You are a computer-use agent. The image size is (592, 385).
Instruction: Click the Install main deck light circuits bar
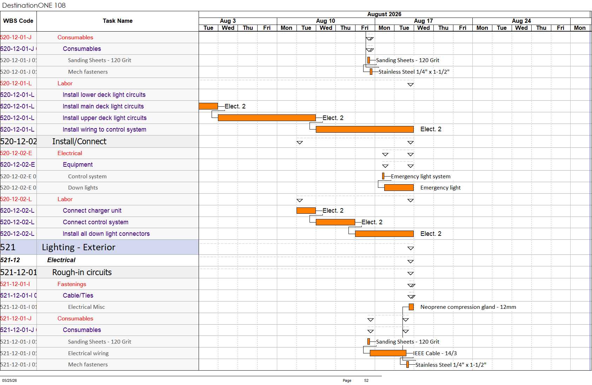pyautogui.click(x=208, y=106)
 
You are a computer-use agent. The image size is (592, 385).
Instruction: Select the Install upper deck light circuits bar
pyautogui.click(x=267, y=118)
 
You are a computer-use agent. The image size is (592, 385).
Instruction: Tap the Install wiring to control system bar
pyautogui.click(x=365, y=129)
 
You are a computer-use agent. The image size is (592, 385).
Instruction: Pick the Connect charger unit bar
pyautogui.click(x=306, y=211)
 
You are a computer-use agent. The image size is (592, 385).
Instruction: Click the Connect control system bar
pyautogui.click(x=335, y=222)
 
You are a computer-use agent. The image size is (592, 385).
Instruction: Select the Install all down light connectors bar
pyautogui.click(x=384, y=234)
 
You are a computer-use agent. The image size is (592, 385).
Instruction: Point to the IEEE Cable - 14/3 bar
pyautogui.click(x=388, y=353)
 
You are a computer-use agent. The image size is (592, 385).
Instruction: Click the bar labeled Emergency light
pyautogui.click(x=399, y=188)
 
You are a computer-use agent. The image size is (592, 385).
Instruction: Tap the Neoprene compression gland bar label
pyautogui.click(x=468, y=307)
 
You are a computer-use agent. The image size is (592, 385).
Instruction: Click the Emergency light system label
pyautogui.click(x=420, y=177)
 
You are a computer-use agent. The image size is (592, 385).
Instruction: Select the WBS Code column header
pyautogui.click(x=18, y=21)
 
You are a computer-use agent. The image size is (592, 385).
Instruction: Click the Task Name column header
pyautogui.click(x=118, y=21)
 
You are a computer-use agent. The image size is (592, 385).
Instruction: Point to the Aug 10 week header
pyautogui.click(x=326, y=21)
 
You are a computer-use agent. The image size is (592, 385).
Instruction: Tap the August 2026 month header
pyautogui.click(x=384, y=14)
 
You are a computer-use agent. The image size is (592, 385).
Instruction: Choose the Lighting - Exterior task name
pyautogui.click(x=79, y=247)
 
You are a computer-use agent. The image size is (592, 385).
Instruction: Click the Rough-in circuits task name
pyautogui.click(x=82, y=272)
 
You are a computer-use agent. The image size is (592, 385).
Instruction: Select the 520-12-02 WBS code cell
pyautogui.click(x=19, y=142)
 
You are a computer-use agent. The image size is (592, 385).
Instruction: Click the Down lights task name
pyautogui.click(x=83, y=188)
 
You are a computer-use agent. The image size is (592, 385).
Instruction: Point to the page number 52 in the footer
pyautogui.click(x=366, y=380)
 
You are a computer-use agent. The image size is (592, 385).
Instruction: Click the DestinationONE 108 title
pyautogui.click(x=34, y=5)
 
